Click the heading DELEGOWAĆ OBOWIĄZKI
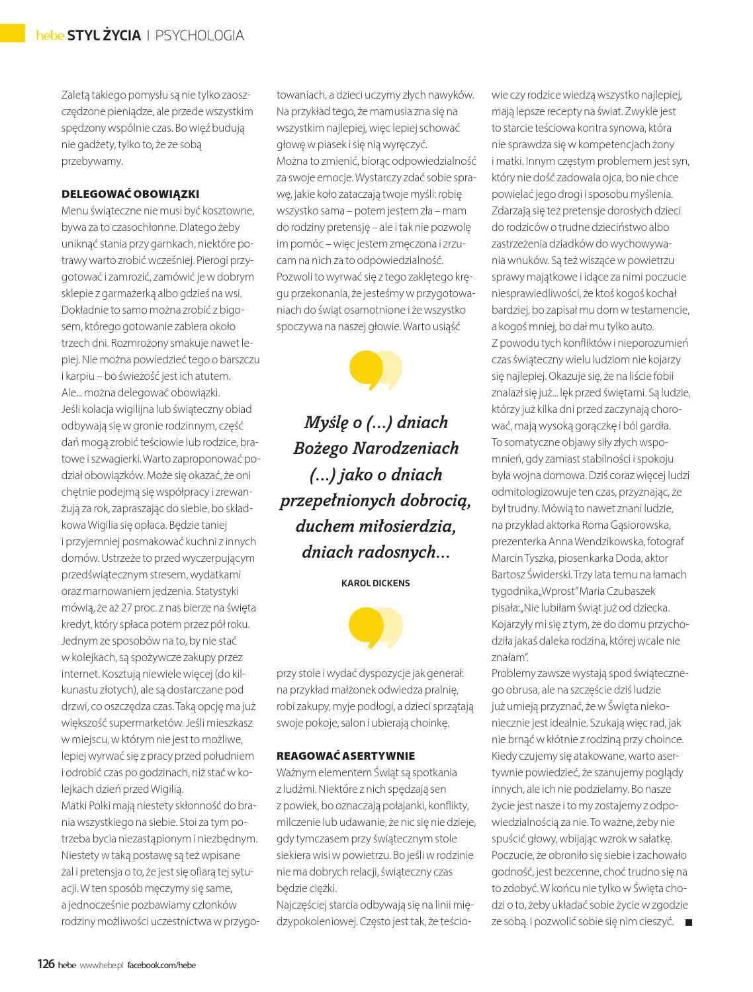tap(130, 194)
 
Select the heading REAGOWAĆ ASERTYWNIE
tap(345, 756)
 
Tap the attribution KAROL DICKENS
tap(375, 583)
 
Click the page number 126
tap(45, 964)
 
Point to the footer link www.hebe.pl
tap(102, 965)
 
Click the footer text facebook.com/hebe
tap(161, 965)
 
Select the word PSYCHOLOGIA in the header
tap(200, 36)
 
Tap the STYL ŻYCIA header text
tap(109, 36)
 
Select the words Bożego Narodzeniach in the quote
tap(375, 448)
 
